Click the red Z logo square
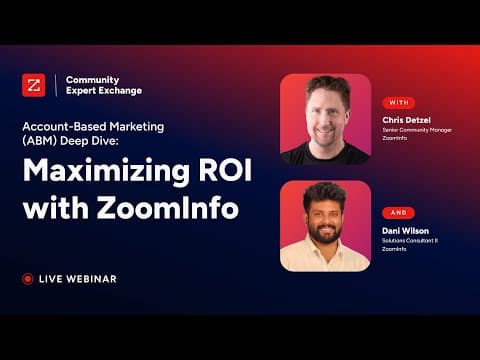[x=34, y=85]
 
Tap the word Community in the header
[x=92, y=80]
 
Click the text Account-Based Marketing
[x=93, y=127]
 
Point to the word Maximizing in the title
[x=106, y=171]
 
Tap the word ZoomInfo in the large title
[x=168, y=207]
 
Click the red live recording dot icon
[x=28, y=279]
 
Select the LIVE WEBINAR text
[x=78, y=279]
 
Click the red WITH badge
[x=399, y=103]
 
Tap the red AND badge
[x=399, y=213]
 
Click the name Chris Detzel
[x=406, y=120]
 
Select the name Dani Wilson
[x=405, y=231]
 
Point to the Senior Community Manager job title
[x=417, y=130]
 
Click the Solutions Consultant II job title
[x=410, y=241]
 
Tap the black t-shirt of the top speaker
[x=325, y=155]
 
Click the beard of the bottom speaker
[x=325, y=233]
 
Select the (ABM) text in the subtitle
[x=40, y=141]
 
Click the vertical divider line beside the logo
[x=56, y=85]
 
